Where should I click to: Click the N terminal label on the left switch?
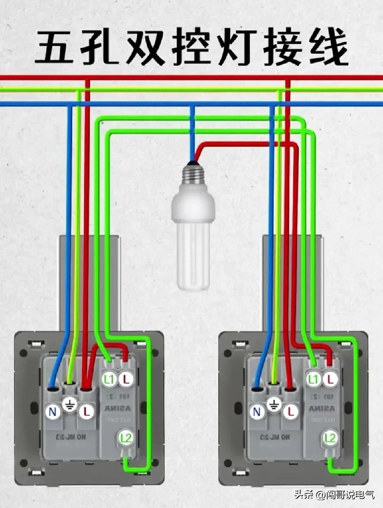(53, 412)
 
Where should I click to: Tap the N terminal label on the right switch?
(258, 412)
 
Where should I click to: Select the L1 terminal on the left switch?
(108, 379)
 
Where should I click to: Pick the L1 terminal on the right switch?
(313, 379)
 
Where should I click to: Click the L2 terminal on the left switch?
(125, 438)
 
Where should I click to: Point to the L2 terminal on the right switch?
(330, 438)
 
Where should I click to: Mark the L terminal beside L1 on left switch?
(126, 379)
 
